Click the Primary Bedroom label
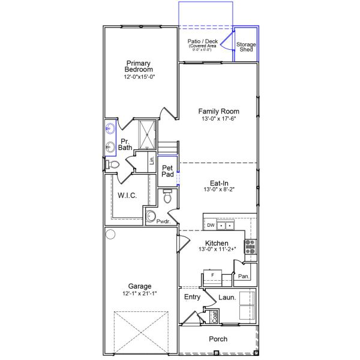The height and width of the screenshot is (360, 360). pos(139,66)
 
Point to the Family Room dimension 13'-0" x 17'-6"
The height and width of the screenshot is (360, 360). pos(219,119)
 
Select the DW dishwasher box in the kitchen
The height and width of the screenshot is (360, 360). pos(211,226)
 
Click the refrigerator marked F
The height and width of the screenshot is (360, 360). pos(212,275)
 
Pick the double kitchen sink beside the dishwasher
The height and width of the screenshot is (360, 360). pos(226,226)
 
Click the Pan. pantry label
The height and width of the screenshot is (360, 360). pos(244,276)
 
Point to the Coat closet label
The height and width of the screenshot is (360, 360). pos(215,316)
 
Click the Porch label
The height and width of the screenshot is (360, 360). pos(218,339)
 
